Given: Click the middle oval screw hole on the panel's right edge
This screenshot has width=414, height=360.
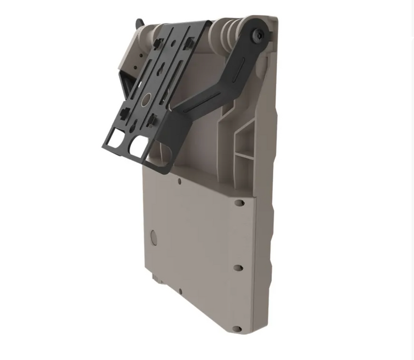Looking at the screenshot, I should pyautogui.click(x=238, y=268).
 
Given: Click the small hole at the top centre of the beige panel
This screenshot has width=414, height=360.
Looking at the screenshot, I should pyautogui.click(x=179, y=181).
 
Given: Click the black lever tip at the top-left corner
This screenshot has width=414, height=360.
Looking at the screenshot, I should pyautogui.click(x=138, y=23).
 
